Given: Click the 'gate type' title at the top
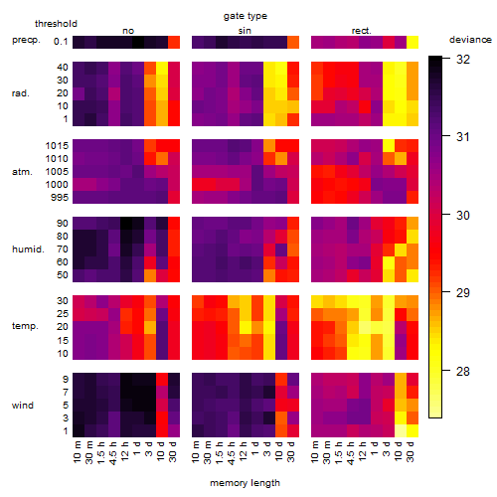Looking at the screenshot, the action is coord(246,16).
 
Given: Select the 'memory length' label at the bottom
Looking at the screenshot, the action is coord(245,483).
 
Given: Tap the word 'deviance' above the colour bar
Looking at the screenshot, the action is coord(470,40).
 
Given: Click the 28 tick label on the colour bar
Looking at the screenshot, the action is coord(463,371).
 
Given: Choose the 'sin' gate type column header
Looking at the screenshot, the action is coord(245,31).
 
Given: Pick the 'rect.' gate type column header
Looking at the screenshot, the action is coord(362,31).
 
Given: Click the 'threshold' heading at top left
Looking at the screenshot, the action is coord(56,24).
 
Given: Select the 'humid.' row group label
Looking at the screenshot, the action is coord(28,249).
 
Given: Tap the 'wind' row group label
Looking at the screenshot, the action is coord(23,406).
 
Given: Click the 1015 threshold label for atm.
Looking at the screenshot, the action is coord(57,145).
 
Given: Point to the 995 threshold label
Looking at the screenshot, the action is coord(60,198).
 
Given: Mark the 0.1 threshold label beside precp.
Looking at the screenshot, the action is coord(61,42).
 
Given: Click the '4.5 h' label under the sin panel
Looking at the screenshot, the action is coord(232,452).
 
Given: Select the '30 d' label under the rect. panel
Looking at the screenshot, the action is coord(411,451).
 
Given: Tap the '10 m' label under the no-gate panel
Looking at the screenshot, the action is coord(77,451).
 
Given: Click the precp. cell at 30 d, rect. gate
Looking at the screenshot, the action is coord(413,42).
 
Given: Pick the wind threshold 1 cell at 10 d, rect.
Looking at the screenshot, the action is coord(401,430).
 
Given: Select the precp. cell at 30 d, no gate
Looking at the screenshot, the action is coord(174,42).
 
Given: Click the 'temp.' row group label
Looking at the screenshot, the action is coord(25,326).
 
